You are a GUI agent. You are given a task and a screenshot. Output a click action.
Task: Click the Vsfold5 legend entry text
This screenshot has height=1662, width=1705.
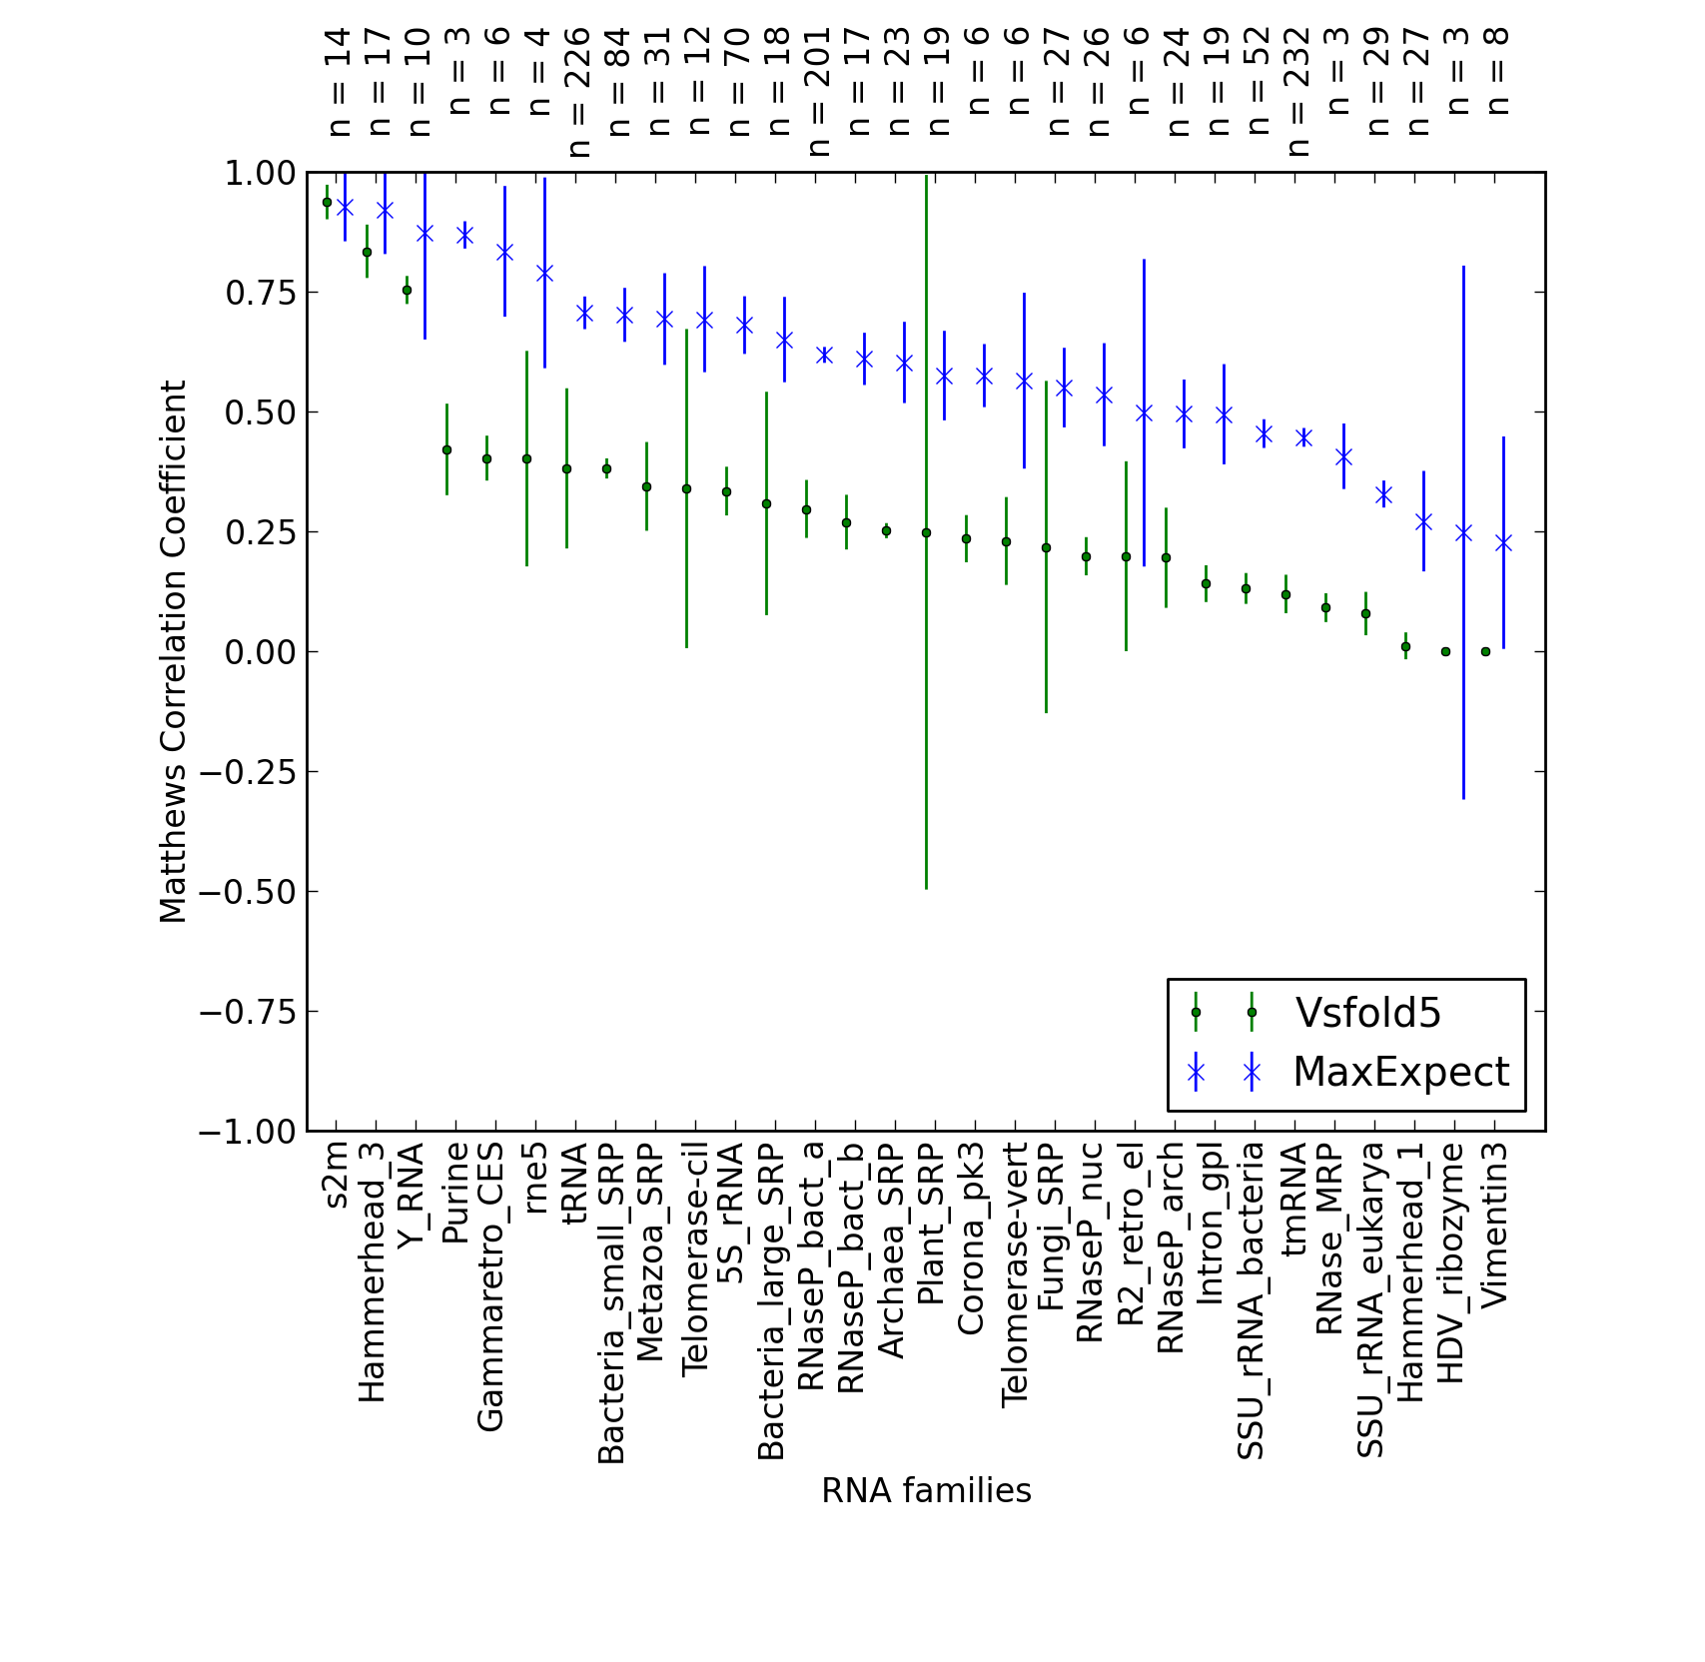(1367, 1013)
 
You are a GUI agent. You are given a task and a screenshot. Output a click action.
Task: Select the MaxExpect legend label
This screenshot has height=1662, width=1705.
(1401, 1072)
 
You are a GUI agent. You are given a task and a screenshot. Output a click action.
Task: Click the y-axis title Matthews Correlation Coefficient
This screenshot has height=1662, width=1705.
(173, 651)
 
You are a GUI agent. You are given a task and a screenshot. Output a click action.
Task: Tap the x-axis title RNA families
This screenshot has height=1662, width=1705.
(926, 1490)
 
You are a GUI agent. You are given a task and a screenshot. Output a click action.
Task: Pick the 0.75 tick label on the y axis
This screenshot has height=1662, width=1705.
(260, 293)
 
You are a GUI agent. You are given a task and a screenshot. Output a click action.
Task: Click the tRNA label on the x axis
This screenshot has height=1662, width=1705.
(576, 1185)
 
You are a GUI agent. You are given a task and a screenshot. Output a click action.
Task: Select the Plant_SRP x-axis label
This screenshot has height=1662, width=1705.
(931, 1224)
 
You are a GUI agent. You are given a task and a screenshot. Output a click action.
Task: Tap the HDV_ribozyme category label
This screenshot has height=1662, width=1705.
(1450, 1262)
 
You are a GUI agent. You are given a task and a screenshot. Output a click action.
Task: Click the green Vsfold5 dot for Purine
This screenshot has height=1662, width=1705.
(446, 450)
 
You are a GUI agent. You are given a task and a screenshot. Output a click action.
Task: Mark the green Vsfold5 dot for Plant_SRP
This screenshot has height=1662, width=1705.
(926, 533)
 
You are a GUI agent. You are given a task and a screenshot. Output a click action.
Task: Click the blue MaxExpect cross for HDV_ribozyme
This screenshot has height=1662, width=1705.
(1463, 533)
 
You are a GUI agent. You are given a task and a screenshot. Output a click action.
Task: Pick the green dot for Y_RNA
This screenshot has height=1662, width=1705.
(407, 291)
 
